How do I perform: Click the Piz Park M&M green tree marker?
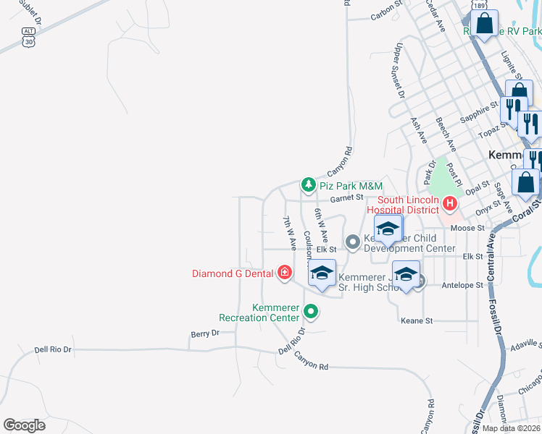click(308, 186)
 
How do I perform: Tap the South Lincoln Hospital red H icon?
click(449, 204)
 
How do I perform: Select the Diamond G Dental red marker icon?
click(285, 273)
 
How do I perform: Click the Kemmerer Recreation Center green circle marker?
click(311, 312)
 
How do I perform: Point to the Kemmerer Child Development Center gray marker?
click(353, 242)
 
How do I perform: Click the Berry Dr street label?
click(205, 333)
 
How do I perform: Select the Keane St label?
click(417, 320)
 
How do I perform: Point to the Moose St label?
click(467, 228)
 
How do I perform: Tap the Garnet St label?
click(346, 197)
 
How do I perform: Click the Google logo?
click(24, 425)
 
